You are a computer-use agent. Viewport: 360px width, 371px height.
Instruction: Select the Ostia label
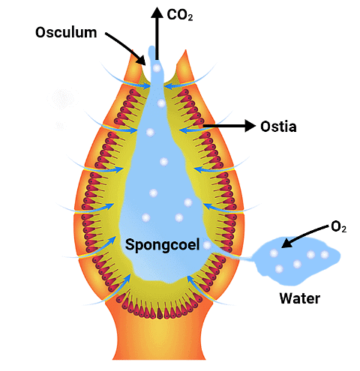[277, 126]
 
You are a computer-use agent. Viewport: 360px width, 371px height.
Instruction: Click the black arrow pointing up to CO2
[157, 30]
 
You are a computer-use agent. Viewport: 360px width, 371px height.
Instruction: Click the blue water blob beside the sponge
[296, 257]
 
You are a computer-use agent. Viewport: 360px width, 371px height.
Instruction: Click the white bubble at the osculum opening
[157, 68]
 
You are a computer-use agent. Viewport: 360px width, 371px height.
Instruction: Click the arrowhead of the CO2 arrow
[157, 10]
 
